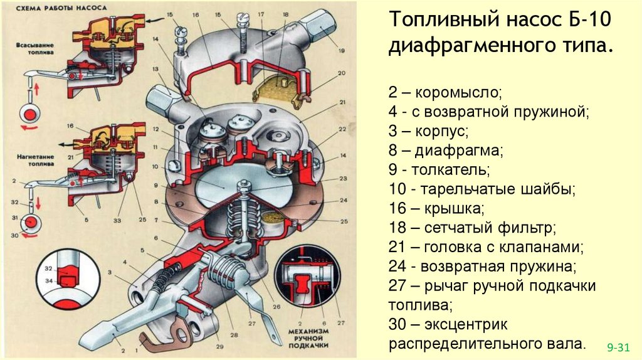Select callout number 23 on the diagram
(344, 177)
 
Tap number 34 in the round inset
(48, 280)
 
